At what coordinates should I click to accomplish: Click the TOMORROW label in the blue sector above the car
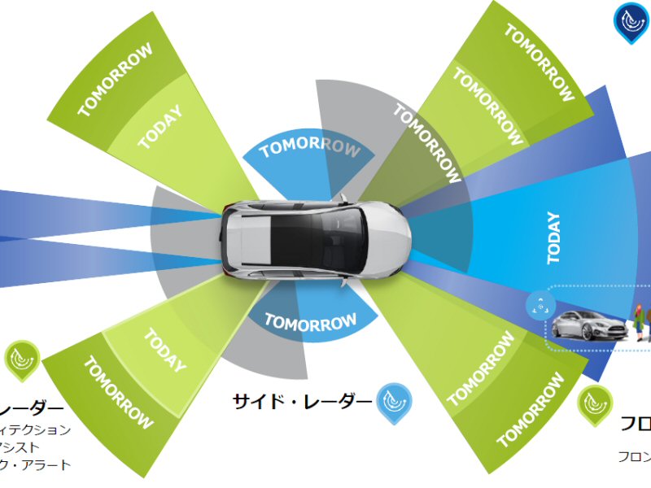coord(310,148)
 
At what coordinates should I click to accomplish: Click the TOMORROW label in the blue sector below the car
coord(310,322)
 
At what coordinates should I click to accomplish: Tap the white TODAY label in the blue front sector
coord(554,237)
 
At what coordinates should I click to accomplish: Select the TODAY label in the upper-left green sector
coord(159,129)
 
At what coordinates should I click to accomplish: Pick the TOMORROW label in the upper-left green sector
coord(116,80)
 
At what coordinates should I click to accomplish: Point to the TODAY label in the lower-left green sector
coord(165,351)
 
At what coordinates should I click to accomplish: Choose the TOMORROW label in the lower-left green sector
coord(118,394)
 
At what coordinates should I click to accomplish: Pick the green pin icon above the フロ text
coord(596,403)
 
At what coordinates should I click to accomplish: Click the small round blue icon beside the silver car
coord(538,305)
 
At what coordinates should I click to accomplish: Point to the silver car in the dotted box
coord(589,325)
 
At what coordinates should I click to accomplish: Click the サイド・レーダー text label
coord(303,400)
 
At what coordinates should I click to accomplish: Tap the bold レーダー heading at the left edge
coord(33,408)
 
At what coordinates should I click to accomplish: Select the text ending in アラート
coord(37,464)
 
